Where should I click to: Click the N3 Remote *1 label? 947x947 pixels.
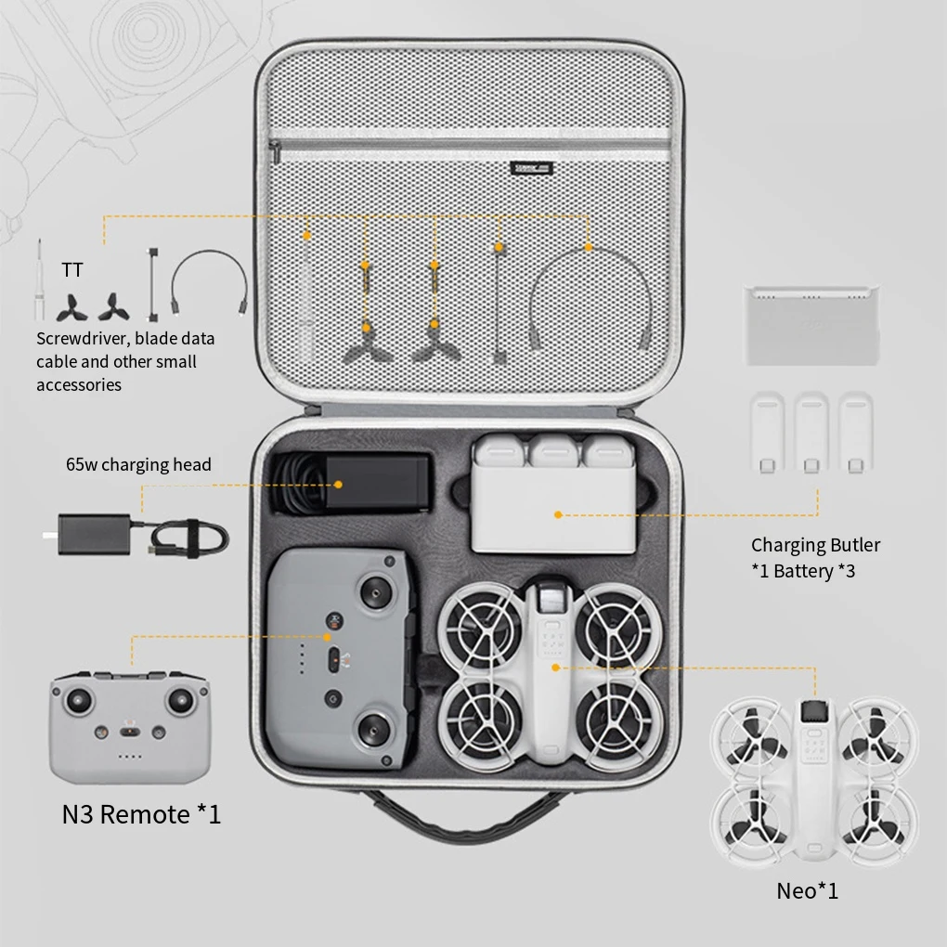tap(141, 814)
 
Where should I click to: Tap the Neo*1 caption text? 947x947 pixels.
tap(807, 891)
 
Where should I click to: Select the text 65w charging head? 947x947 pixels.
tap(138, 464)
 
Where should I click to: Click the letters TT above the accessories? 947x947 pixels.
tap(71, 270)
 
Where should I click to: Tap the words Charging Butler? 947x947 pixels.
tap(815, 545)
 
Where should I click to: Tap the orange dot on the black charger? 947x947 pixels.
tap(339, 484)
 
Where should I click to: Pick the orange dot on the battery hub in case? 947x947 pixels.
tap(558, 513)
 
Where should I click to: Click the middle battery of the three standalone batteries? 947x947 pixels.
tap(811, 434)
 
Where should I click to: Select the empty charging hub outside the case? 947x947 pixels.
tap(811, 325)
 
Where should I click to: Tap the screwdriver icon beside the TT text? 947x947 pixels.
tap(40, 279)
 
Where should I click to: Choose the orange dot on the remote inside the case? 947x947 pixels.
tap(327, 638)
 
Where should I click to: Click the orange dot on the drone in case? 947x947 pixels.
tap(555, 667)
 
